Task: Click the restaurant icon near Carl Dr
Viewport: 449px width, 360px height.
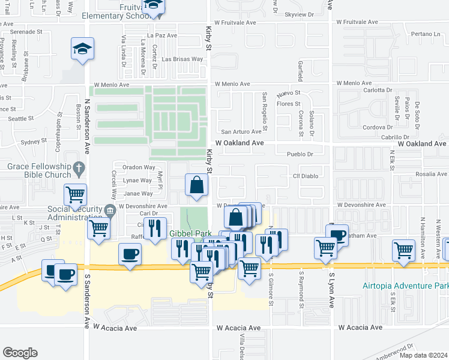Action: point(156,228)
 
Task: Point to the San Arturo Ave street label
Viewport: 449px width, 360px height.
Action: point(242,132)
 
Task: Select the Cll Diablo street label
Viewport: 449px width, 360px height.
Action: point(304,176)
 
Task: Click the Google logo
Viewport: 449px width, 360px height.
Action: point(20,352)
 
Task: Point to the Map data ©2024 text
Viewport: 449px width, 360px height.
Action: point(422,355)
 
